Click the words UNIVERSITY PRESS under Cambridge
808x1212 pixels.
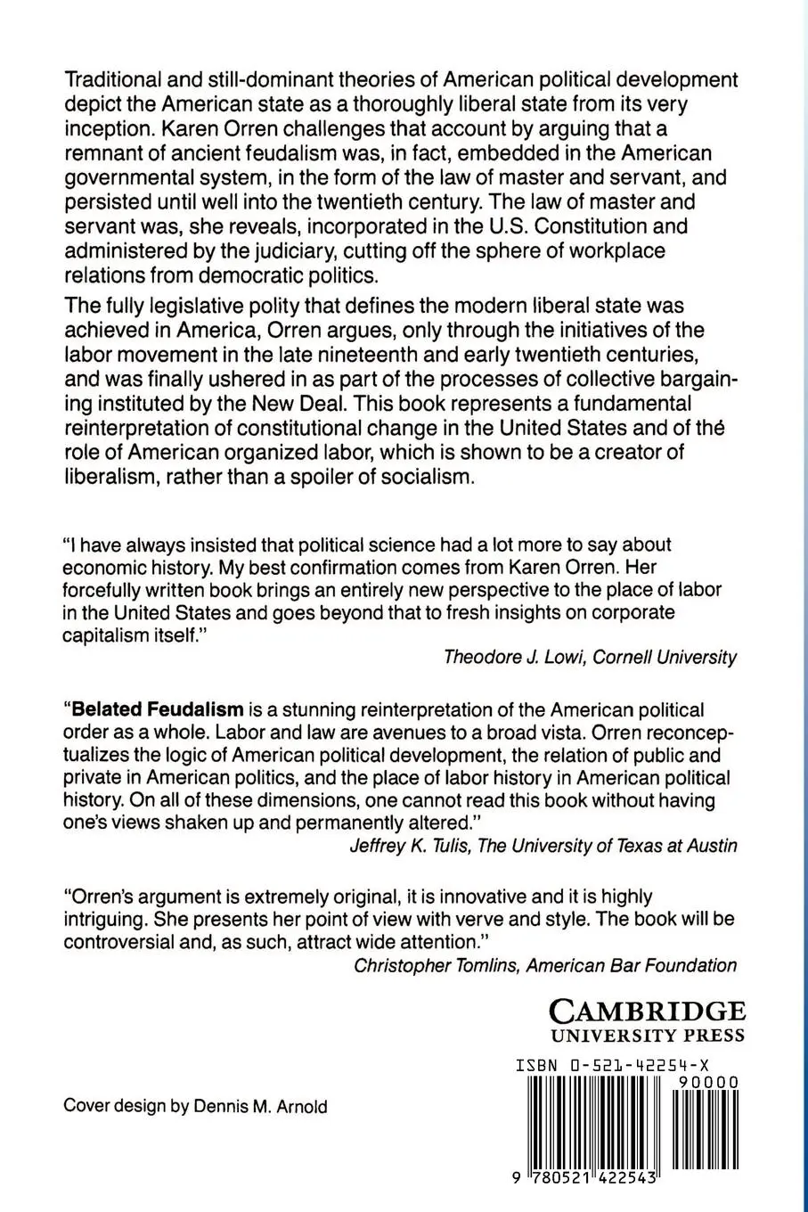pos(648,1036)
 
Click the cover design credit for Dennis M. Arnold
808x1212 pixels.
pos(195,1107)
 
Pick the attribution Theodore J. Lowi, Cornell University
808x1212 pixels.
pos(590,657)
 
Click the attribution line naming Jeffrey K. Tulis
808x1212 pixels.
pos(543,845)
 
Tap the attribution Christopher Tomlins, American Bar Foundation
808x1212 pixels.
pos(545,964)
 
